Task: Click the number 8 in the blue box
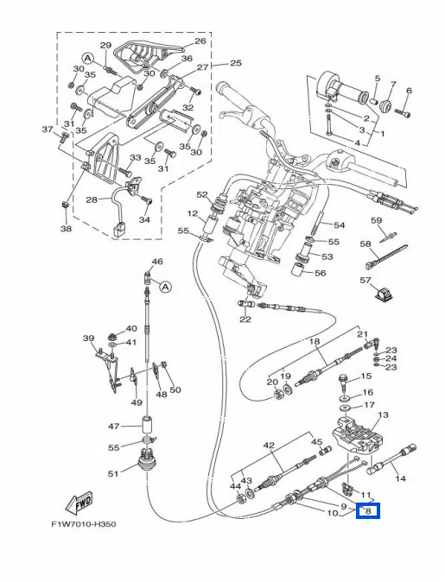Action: coord(368,510)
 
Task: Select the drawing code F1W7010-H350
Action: coord(84,524)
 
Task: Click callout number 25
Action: coord(236,63)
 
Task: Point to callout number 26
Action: coord(200,41)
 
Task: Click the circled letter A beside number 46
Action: coord(166,287)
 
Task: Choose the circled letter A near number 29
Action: coord(87,58)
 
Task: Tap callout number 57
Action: coord(366,280)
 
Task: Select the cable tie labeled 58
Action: coord(385,256)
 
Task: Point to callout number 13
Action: coord(383,414)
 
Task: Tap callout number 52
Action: coord(202,194)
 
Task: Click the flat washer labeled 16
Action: coord(345,398)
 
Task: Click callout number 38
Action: coord(67,228)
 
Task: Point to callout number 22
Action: coord(245,319)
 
